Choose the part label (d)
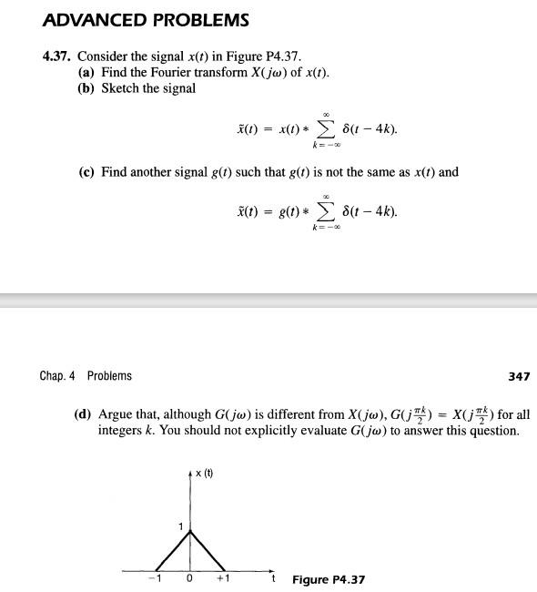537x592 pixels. point(85,413)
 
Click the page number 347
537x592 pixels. point(517,376)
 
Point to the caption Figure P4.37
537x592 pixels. point(329,579)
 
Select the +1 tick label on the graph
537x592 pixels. point(223,578)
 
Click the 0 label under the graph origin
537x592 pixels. point(189,578)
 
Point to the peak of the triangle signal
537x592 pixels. point(190,532)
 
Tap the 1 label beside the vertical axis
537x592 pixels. point(180,528)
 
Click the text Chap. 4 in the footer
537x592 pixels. point(59,376)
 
